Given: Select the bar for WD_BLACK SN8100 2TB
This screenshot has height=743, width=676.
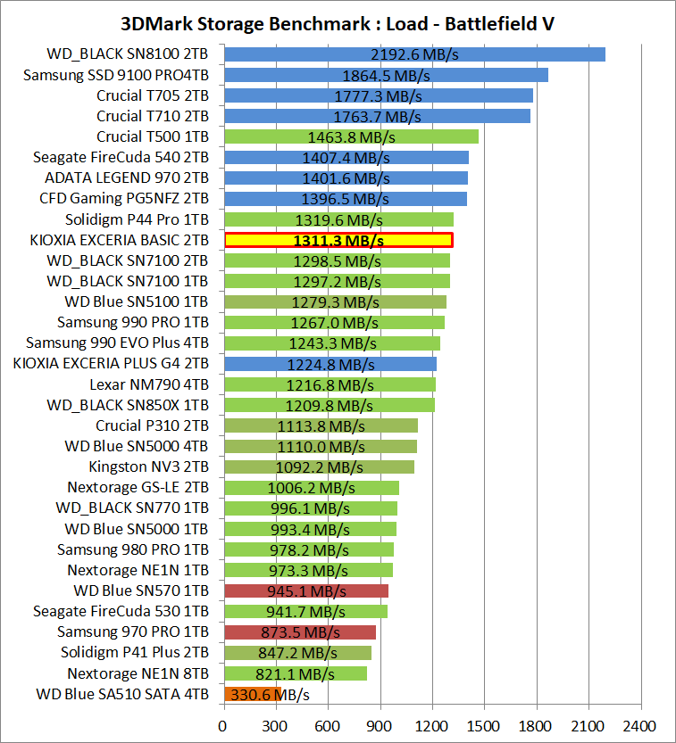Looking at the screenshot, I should (414, 54).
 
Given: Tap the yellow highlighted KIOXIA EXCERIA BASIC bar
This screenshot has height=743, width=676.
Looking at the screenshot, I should (338, 240).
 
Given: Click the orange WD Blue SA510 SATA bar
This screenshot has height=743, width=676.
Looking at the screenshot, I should (253, 694).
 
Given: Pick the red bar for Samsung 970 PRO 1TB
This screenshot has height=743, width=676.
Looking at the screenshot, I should (299, 632).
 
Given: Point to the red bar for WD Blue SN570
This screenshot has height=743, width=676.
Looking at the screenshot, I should (305, 590).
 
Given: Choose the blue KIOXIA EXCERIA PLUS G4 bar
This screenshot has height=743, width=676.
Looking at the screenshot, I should (330, 364).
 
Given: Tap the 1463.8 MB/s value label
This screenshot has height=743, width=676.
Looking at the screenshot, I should (352, 137).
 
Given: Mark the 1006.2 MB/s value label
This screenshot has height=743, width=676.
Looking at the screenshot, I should (312, 488).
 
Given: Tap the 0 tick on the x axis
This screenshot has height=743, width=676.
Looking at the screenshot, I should (223, 724).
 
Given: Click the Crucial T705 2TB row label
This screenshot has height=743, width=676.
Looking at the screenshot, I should (153, 95).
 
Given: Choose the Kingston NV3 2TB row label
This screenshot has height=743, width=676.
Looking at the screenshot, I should (149, 466).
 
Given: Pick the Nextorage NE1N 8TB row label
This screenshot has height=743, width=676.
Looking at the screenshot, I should (138, 673).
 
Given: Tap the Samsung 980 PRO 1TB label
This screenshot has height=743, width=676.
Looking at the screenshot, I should (133, 549).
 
